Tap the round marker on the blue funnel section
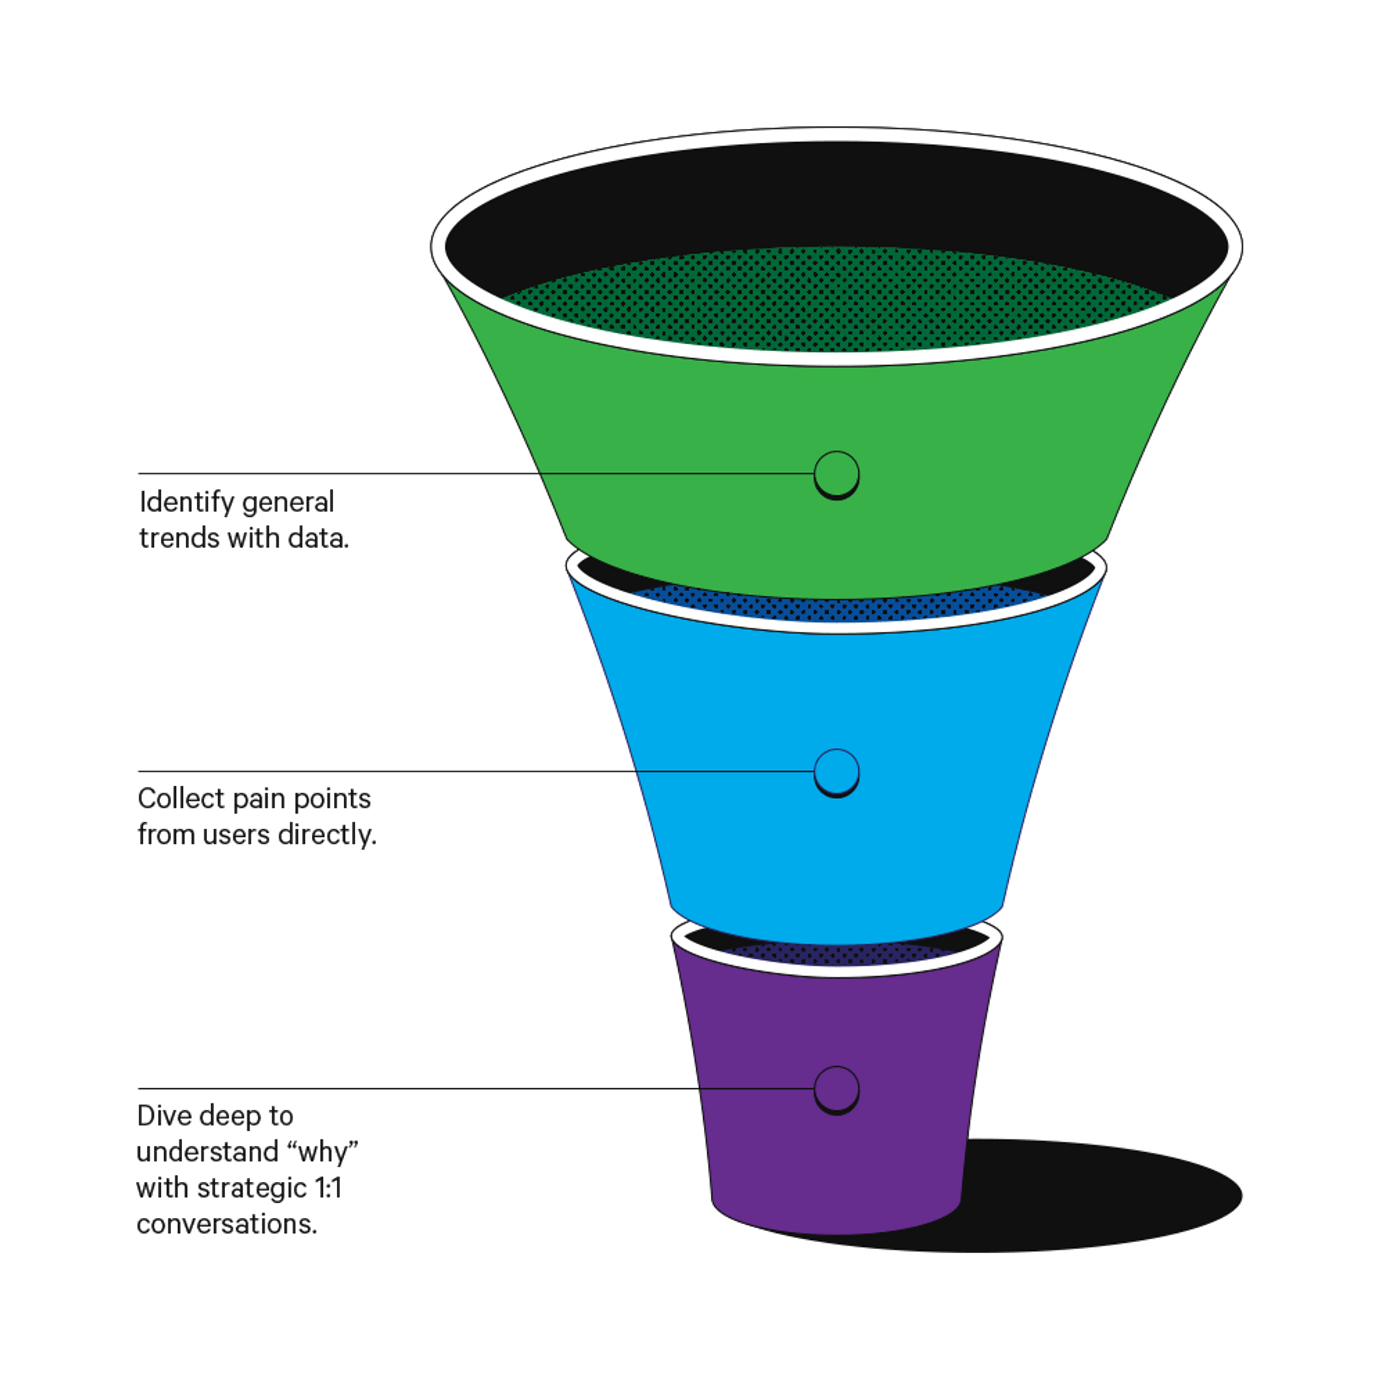click(836, 772)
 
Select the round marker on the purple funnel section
click(836, 1090)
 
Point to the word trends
click(179, 539)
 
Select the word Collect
click(181, 798)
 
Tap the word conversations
click(226, 1224)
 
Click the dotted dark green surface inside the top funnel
click(836, 300)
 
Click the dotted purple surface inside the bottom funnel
click(836, 953)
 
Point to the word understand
click(208, 1152)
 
